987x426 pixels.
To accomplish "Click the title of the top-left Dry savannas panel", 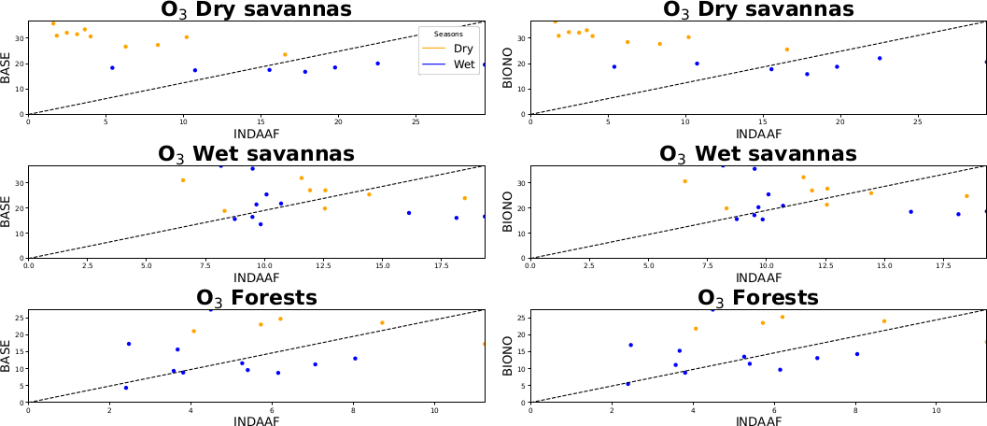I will [x=255, y=9].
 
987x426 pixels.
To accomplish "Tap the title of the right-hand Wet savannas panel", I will [x=757, y=153].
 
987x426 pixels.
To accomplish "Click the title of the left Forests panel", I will [x=256, y=298].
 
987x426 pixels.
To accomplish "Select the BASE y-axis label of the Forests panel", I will [x=7, y=355].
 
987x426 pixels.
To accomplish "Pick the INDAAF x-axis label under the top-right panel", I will [x=758, y=134].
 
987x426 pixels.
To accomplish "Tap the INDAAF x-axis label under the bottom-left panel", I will [x=256, y=421].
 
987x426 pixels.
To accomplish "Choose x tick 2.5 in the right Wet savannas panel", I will [x=589, y=265].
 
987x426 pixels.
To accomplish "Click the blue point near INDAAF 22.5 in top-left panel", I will [x=377, y=64].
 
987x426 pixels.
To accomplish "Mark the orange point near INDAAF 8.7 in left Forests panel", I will [x=382, y=323].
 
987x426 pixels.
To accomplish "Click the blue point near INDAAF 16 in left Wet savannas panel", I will [x=408, y=213].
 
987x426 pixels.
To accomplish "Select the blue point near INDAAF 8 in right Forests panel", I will [x=856, y=354].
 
